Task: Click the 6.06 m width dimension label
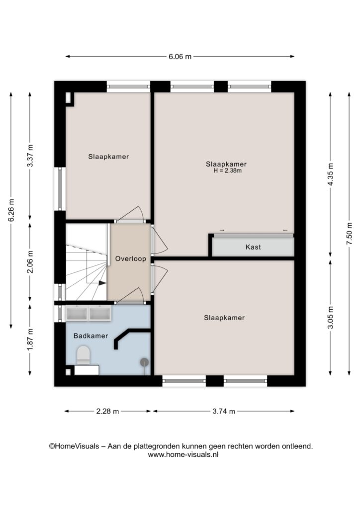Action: pyautogui.click(x=180, y=57)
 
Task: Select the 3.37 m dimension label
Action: pyautogui.click(x=30, y=156)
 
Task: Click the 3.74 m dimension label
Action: pyautogui.click(x=224, y=411)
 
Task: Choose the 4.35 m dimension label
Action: pyautogui.click(x=331, y=174)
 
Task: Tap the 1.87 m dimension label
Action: pyautogui.click(x=30, y=339)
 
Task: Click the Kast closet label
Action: pyautogui.click(x=253, y=247)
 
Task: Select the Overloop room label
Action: pyautogui.click(x=130, y=258)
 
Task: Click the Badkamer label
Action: pyautogui.click(x=90, y=336)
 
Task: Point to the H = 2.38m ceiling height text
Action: pyautogui.click(x=228, y=171)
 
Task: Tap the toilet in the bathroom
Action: pyautogui.click(x=84, y=355)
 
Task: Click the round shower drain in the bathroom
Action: pyautogui.click(x=144, y=362)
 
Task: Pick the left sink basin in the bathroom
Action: pyautogui.click(x=77, y=313)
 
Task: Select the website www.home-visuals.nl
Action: pyautogui.click(x=183, y=455)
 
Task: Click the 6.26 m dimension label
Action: pyautogui.click(x=11, y=210)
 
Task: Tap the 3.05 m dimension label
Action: pyautogui.click(x=331, y=317)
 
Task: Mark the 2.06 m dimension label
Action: pyautogui.click(x=30, y=261)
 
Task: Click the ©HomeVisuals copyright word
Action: pyautogui.click(x=74, y=446)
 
